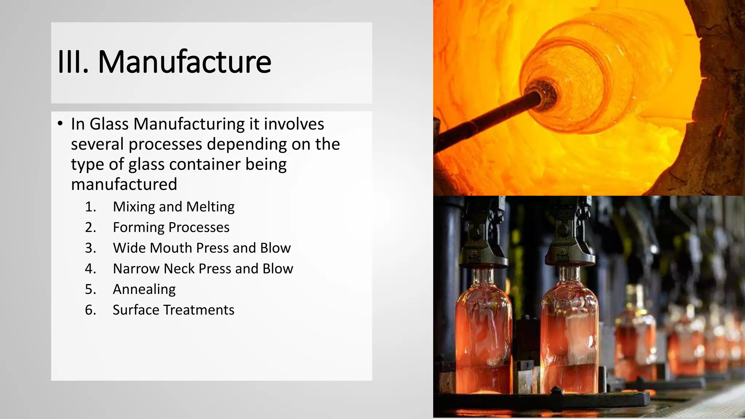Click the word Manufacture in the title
click(x=184, y=61)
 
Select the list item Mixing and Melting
click(x=174, y=207)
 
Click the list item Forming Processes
click(x=171, y=227)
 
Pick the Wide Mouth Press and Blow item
click(x=202, y=248)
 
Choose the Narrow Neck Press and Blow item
click(x=203, y=269)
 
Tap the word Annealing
click(x=144, y=290)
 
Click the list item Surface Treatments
click(x=173, y=310)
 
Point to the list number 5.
click(x=91, y=290)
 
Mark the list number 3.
click(x=91, y=248)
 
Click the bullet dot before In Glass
click(x=60, y=123)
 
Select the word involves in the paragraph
click(x=294, y=124)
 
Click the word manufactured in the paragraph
click(x=124, y=184)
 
